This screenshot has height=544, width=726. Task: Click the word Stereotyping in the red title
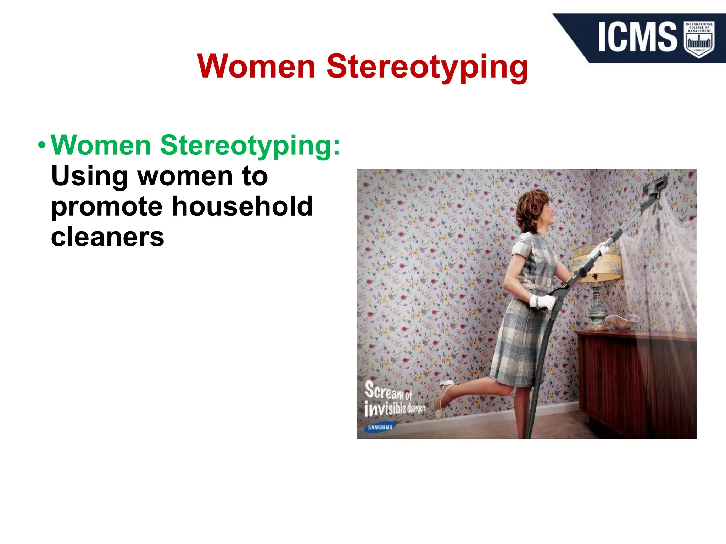click(x=427, y=67)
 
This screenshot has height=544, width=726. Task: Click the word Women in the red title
click(x=256, y=67)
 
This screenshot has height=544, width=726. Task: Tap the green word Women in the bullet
click(x=101, y=145)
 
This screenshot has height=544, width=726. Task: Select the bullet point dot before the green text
click(x=42, y=146)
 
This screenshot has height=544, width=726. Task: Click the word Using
click(x=89, y=176)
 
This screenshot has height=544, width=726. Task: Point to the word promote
click(x=106, y=207)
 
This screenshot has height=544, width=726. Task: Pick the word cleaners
click(x=107, y=237)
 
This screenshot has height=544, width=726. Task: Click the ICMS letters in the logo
click(x=637, y=37)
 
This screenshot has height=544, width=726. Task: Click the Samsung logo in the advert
click(x=380, y=427)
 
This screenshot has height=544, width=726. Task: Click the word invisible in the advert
click(x=385, y=409)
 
